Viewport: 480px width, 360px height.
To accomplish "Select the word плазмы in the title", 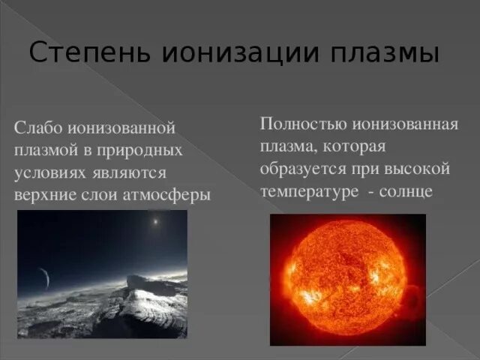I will click(x=383, y=55).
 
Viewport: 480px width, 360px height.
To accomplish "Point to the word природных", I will click(x=146, y=151).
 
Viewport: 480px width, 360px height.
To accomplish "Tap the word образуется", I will click(x=300, y=168).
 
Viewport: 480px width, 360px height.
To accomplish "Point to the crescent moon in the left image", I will click(x=46, y=279).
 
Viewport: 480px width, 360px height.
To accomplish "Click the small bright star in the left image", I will click(x=155, y=222).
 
